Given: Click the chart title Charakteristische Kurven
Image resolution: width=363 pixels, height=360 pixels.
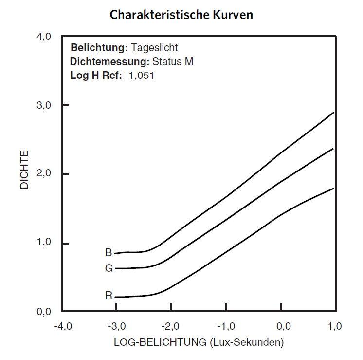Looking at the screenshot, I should click(181, 15).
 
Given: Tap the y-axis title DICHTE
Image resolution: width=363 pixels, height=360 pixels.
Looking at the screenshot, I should click(24, 170).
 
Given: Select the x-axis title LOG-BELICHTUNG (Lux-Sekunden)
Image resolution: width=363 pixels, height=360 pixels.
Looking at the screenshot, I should click(199, 342).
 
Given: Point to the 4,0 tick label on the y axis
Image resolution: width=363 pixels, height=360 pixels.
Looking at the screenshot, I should click(44, 37).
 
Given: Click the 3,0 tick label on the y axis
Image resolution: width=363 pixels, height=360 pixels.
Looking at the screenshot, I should click(44, 106).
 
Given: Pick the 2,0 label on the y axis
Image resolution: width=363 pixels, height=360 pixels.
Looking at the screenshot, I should click(44, 174).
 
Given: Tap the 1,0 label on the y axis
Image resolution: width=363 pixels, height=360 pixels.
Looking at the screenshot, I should click(44, 243).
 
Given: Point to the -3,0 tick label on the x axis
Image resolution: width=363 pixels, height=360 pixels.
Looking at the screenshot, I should click(117, 326).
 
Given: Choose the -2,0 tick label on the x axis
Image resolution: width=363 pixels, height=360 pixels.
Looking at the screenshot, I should click(172, 326).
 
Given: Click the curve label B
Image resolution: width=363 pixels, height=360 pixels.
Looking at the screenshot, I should click(109, 253).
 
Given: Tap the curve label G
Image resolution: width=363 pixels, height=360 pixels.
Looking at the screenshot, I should click(109, 268).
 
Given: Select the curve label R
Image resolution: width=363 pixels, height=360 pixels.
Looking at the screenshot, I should click(109, 295).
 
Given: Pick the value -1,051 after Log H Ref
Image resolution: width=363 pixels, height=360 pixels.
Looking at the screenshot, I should click(140, 76).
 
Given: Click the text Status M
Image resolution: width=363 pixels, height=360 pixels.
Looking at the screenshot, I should click(173, 62).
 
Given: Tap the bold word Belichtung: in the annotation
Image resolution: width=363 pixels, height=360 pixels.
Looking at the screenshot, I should click(99, 48).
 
